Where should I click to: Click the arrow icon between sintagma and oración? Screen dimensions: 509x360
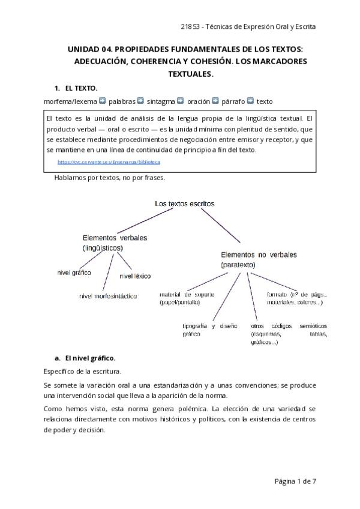pos(181,101)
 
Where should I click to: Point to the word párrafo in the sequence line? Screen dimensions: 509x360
pos(233,101)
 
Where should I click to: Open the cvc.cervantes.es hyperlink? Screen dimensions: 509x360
pos(109,162)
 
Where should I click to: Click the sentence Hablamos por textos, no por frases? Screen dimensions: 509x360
pos(110,178)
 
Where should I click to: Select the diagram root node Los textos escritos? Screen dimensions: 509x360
pos(184,203)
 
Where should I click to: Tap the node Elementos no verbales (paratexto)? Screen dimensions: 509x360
pos(259,259)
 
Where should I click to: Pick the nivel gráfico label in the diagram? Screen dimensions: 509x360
pos(74,273)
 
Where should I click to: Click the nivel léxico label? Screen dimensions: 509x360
pos(135,276)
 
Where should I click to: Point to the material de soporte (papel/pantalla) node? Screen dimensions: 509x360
pos(187,299)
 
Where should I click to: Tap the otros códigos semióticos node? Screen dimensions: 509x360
pos(289,334)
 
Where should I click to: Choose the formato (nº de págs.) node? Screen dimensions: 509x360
pos(296,299)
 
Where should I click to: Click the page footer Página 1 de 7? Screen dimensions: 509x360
pos(295,481)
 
